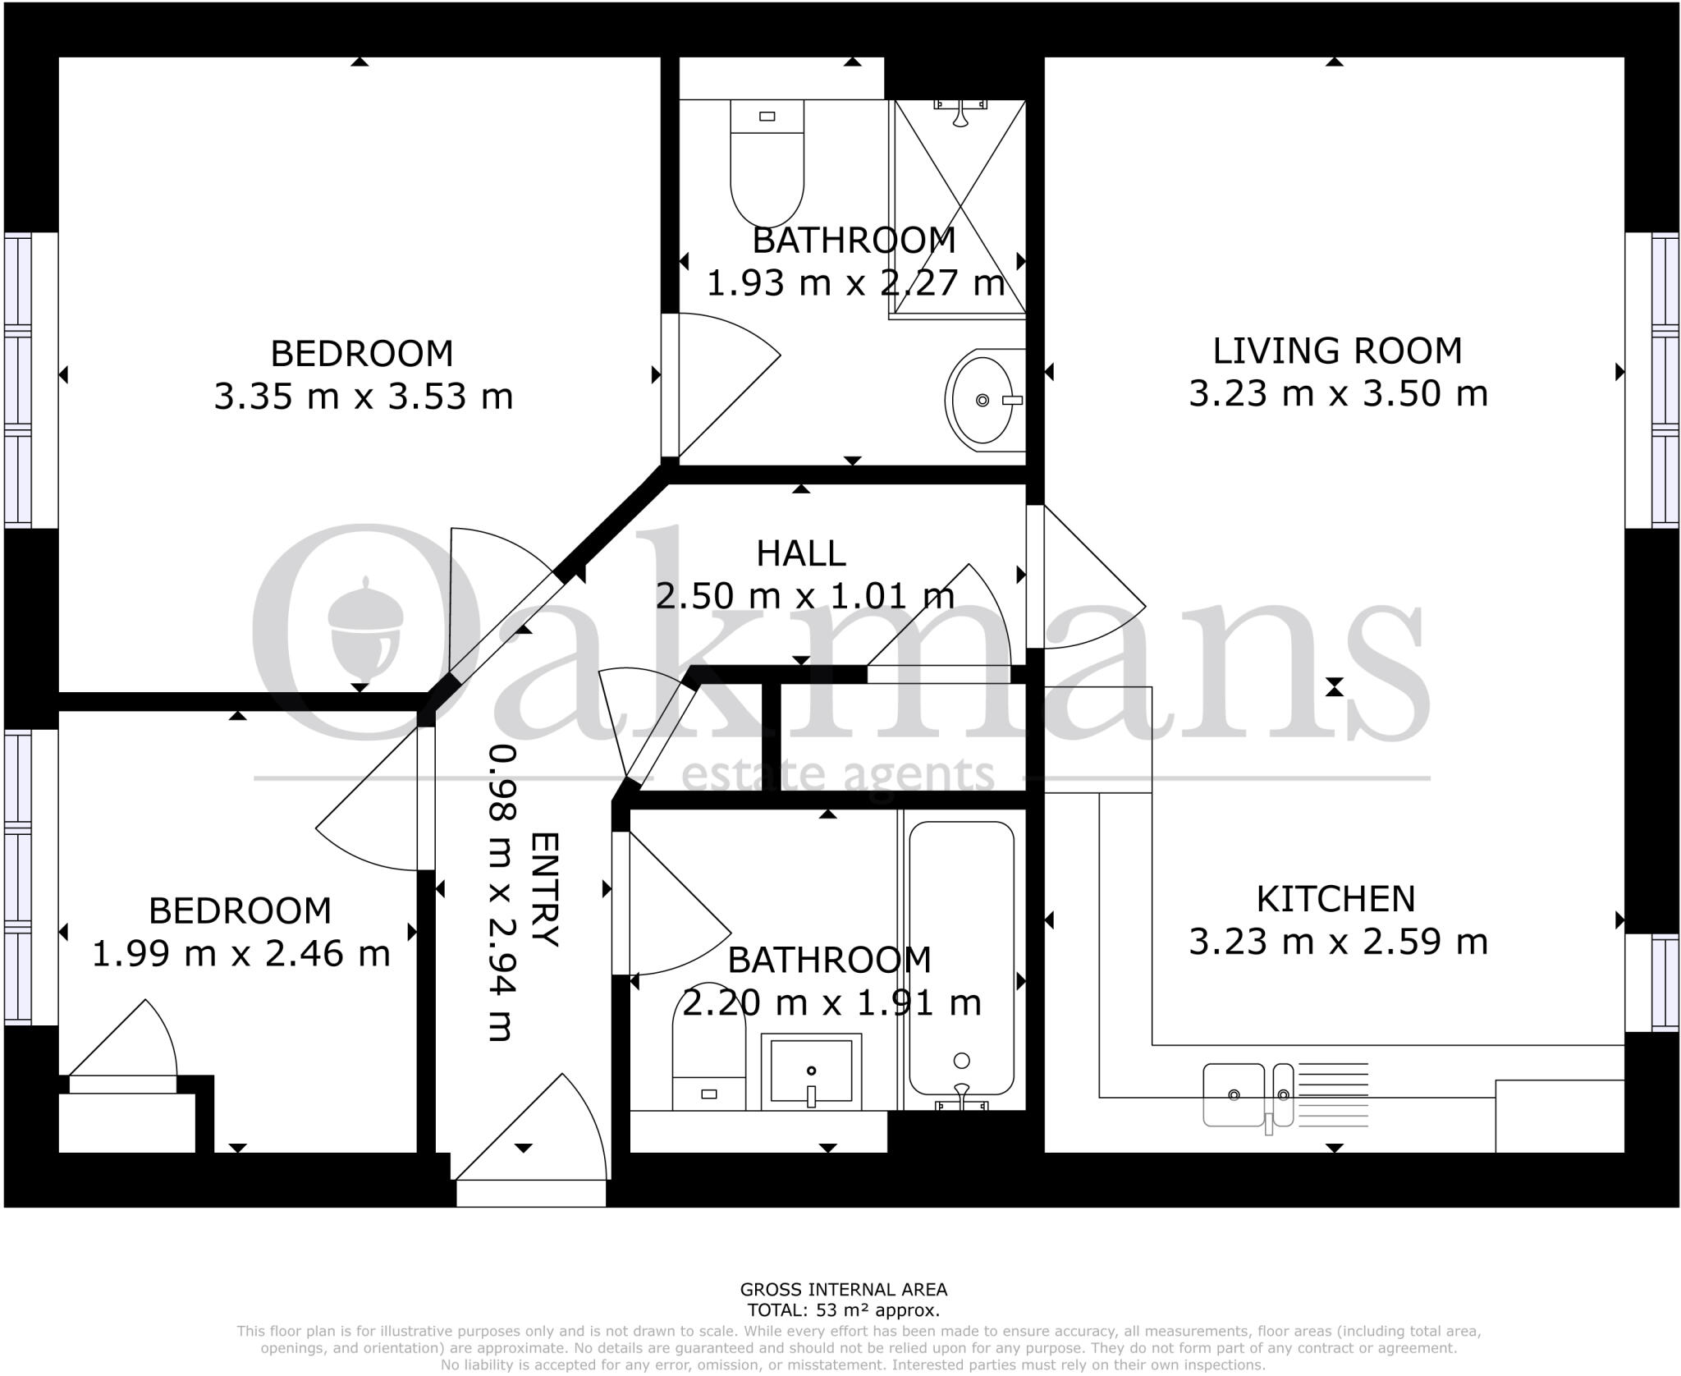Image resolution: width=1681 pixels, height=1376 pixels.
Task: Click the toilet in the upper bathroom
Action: [x=767, y=164]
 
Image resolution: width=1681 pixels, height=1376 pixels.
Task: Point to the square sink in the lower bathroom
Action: [x=811, y=1071]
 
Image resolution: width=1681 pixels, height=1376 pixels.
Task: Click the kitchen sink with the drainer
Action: [x=1248, y=1094]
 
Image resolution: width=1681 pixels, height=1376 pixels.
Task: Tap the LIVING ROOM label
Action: [x=1337, y=351]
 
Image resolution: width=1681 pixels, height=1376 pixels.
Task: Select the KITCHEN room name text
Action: [x=1335, y=899]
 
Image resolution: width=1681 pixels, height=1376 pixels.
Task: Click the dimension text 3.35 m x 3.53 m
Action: [x=364, y=397]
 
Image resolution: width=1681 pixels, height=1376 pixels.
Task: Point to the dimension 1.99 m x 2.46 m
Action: [x=240, y=954]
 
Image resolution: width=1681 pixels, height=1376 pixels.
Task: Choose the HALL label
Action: [x=800, y=553]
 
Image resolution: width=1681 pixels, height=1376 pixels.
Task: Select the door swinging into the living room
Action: [x=1083, y=579]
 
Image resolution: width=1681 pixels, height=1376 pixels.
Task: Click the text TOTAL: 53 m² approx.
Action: [x=843, y=1311]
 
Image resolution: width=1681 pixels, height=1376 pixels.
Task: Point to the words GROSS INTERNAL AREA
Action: [x=843, y=1290]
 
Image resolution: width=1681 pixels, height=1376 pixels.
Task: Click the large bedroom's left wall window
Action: [x=19, y=380]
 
